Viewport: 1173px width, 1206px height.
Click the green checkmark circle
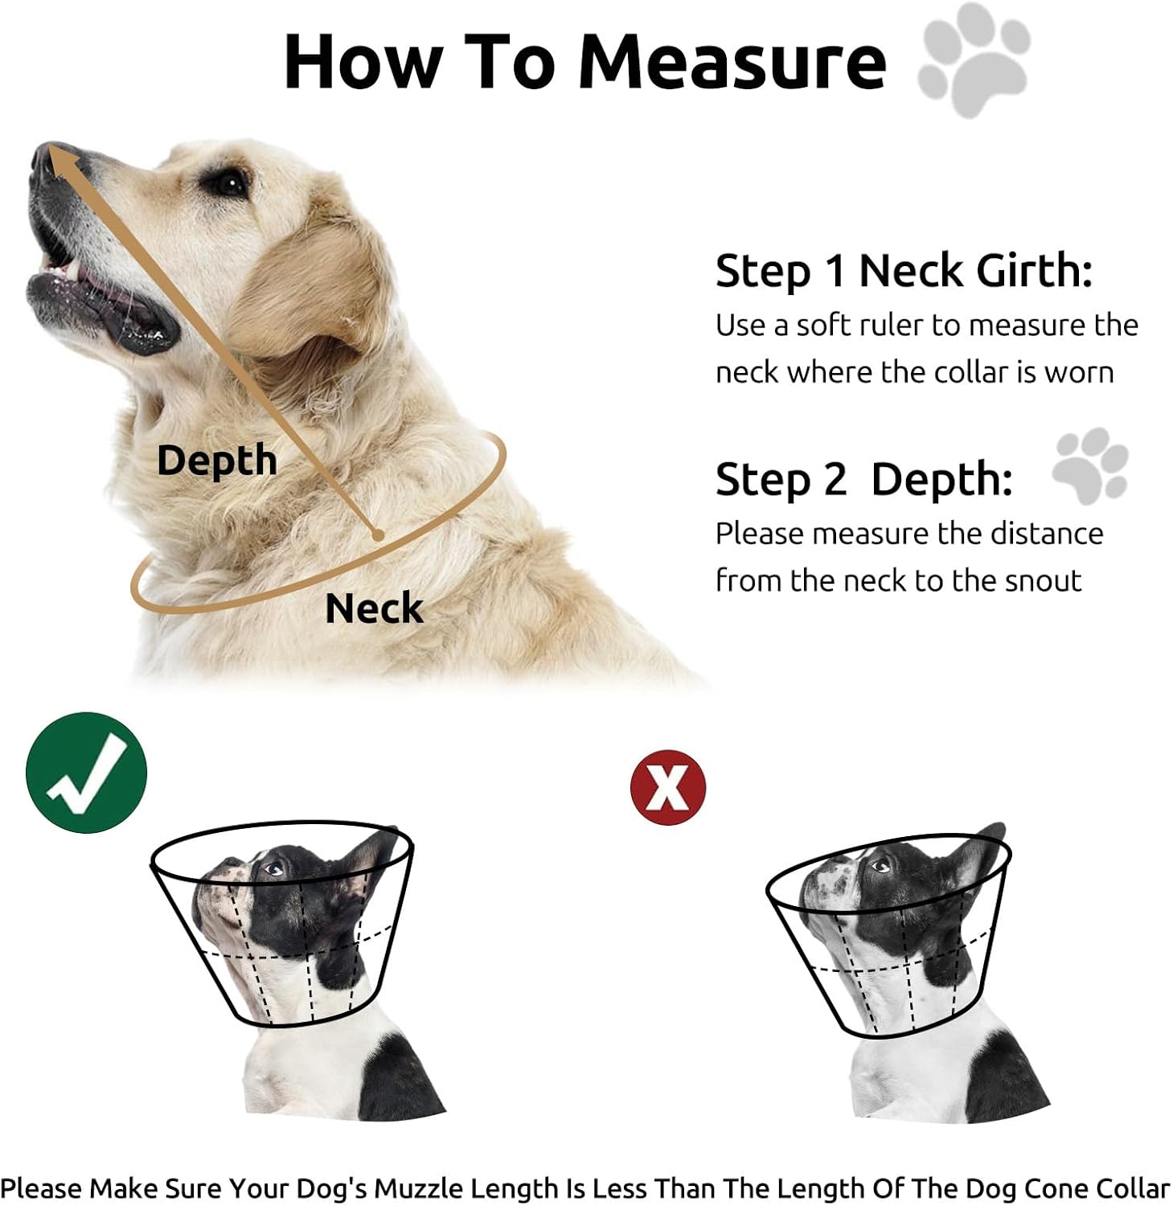pos(87,773)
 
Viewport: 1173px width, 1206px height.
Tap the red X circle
pos(668,788)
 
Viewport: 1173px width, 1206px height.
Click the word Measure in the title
pos(732,62)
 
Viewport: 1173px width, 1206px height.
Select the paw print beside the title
pos(974,59)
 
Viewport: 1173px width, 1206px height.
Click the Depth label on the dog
pos(217,461)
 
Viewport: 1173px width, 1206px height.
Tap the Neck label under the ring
pos(374,608)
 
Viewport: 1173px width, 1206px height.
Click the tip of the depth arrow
pos(50,150)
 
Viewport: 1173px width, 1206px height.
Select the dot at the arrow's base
pos(375,534)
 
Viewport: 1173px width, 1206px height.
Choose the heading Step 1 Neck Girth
pos(904,272)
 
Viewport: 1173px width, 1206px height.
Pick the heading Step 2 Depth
pos(864,480)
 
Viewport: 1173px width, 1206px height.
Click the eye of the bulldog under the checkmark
pos(273,868)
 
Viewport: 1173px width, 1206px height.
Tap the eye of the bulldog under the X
pos(880,866)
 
